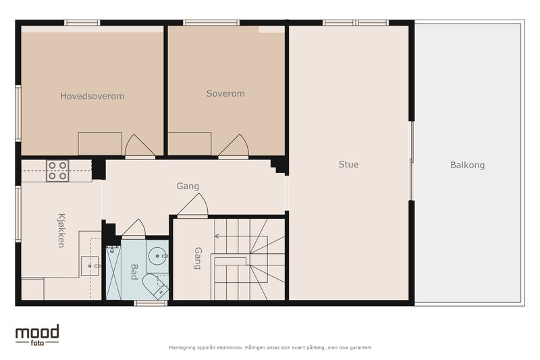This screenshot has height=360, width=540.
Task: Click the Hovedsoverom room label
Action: [92, 96]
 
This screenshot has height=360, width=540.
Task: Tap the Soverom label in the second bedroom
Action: [225, 93]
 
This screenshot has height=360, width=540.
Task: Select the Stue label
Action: [348, 164]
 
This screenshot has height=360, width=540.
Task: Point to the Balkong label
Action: [467, 165]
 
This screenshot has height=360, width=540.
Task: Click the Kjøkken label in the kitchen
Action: [61, 230]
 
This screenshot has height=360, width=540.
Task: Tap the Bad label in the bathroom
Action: [134, 272]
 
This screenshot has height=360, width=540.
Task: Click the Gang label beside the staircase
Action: [198, 258]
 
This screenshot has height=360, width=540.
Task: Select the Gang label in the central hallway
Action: [188, 186]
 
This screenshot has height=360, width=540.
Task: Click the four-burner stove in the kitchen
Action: [57, 170]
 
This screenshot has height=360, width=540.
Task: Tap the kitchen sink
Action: [90, 266]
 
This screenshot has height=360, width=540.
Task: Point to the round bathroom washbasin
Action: [158, 256]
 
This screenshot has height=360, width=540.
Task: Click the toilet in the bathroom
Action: [156, 286]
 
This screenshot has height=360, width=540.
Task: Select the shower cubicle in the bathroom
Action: [113, 272]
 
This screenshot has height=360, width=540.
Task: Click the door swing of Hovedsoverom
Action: [140, 146]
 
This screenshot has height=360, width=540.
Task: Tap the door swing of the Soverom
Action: [234, 146]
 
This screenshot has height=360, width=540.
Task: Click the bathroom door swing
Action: [134, 228]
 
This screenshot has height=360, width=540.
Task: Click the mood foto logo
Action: [37, 335]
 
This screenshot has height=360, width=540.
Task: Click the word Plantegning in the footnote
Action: [182, 348]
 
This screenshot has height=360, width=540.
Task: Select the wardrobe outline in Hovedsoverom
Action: [100, 144]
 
